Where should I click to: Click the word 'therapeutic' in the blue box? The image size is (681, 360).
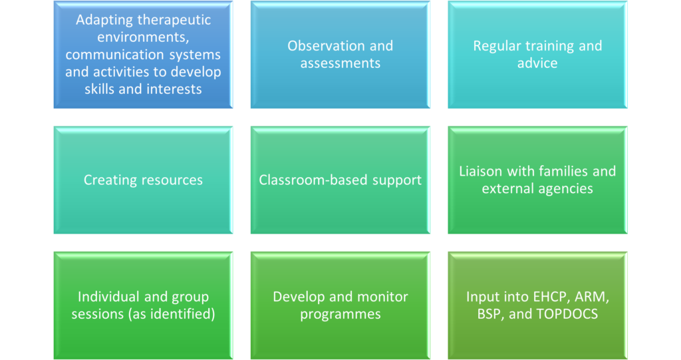[x=176, y=20]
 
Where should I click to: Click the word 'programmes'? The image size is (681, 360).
[x=340, y=315]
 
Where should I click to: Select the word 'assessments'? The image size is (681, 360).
[x=340, y=63]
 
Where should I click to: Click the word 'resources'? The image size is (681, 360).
[x=173, y=180]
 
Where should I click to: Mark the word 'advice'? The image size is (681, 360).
[x=537, y=63]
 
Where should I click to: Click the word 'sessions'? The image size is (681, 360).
[x=97, y=314]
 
